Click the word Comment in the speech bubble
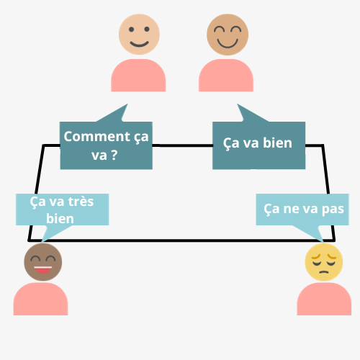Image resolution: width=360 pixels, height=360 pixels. pos(96,137)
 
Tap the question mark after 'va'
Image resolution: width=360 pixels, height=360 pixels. pos(114,155)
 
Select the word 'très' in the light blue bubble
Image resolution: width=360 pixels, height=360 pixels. pos(81,202)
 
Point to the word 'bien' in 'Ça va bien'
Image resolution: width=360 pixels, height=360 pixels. pos(278,143)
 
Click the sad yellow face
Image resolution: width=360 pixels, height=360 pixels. pos(324,262)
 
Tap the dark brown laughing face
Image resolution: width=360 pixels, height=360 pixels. pos(43,262)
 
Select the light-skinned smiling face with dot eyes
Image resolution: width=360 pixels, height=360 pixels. pos(139,35)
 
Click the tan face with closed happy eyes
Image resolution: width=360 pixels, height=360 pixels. pos(228,35)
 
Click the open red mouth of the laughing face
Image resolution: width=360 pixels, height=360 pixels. pos(43,269)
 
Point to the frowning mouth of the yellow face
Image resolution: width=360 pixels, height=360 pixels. pos(324,272)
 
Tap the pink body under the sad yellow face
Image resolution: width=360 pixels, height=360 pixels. pos(324,299)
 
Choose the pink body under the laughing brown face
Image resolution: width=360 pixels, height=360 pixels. pos(40,299)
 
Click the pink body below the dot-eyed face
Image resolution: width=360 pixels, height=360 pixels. pos(138,76)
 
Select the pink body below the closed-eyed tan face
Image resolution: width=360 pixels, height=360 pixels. pos(226,76)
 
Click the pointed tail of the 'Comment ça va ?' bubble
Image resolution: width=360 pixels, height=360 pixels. pos(127,104)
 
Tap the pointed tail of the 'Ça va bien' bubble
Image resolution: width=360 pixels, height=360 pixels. pos(238,104)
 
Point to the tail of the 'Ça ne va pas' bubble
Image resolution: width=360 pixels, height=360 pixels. pos(323,241)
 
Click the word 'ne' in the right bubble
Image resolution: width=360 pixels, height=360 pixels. pos(291,209)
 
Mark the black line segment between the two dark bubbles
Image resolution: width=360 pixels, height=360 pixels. pos(182,145)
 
